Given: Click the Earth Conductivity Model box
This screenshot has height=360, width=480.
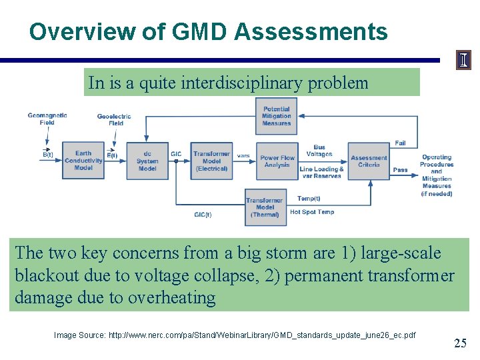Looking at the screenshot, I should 83,161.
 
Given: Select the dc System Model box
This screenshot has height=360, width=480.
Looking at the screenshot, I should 147,161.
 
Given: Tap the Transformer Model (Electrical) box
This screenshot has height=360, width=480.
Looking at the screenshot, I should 211,161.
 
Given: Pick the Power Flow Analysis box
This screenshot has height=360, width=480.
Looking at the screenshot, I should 277,161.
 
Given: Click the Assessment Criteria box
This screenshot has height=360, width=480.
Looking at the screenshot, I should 368,161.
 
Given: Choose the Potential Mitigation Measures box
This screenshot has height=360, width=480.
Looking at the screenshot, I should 276,116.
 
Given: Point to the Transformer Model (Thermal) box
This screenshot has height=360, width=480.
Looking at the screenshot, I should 265,207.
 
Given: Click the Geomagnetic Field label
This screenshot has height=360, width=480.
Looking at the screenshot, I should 47,119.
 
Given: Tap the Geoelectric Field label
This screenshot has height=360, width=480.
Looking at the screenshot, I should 114,119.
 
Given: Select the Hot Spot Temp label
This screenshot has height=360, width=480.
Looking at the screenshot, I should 312,212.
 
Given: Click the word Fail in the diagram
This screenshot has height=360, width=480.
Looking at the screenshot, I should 400,143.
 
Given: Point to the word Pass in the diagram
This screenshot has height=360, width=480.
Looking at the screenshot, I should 400,170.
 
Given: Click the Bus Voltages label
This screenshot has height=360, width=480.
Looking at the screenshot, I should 319,151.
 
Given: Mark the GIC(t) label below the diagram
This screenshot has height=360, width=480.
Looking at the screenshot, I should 203,215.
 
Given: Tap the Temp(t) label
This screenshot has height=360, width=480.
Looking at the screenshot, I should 309,199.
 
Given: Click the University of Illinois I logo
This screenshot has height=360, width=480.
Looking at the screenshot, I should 463,61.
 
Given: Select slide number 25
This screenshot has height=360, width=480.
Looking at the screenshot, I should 460,343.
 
